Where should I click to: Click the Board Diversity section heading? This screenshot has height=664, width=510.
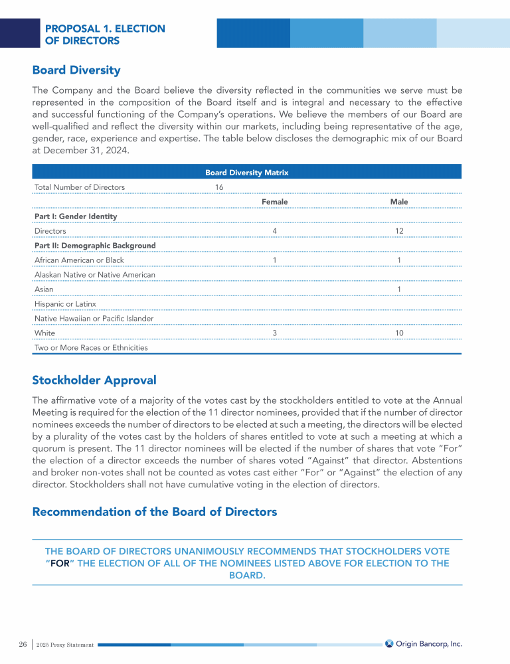tap(76, 70)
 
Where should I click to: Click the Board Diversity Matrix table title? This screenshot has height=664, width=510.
tap(247, 173)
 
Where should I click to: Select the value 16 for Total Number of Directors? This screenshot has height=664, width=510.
tap(219, 187)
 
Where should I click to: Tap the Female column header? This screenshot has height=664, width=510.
tap(275, 202)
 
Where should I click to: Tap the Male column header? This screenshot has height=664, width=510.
tap(399, 202)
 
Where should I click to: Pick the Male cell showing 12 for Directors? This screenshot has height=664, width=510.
tap(399, 231)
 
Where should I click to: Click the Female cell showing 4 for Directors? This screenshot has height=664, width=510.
tap(275, 231)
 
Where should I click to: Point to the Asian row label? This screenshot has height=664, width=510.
tap(44, 290)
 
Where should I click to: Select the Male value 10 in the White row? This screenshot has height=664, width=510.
tap(399, 333)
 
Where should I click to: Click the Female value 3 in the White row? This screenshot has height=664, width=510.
tap(275, 333)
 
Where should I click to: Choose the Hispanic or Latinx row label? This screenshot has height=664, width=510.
tap(65, 304)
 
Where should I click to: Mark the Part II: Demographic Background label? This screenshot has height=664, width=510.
tap(95, 246)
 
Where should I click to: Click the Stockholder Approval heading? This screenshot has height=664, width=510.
tap(94, 380)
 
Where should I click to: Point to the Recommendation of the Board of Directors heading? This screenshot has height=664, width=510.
tap(155, 512)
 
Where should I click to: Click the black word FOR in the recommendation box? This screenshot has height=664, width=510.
tap(60, 564)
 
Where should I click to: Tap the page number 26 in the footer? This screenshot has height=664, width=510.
tap(23, 644)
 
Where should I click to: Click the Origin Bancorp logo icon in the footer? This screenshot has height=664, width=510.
tap(389, 643)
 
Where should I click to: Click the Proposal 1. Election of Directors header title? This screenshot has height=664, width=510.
tap(105, 35)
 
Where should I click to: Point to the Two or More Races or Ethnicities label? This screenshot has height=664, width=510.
tap(91, 348)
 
